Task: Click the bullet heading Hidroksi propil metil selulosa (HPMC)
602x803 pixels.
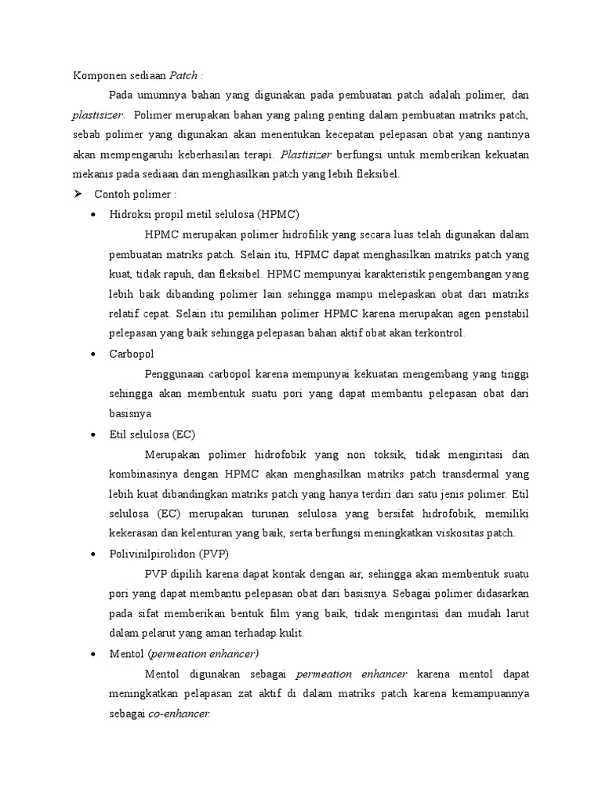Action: tap(205, 214)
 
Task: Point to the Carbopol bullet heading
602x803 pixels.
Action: tap(132, 354)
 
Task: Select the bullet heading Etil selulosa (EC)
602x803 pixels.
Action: tap(153, 434)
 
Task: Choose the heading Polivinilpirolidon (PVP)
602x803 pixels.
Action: tap(169, 554)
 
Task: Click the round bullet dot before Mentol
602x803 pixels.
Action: tap(94, 654)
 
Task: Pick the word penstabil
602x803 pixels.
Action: tap(504, 314)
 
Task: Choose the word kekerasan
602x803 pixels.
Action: tap(134, 533)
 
